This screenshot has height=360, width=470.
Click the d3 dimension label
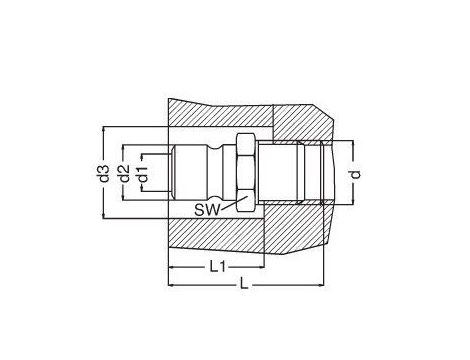point(105,173)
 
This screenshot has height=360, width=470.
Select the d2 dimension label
point(125,173)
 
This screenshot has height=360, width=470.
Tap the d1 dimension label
point(144,174)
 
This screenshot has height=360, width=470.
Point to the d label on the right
point(356,174)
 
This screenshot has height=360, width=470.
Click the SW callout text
point(208,210)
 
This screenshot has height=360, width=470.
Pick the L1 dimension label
point(218,266)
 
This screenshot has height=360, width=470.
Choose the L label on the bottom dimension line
point(244,284)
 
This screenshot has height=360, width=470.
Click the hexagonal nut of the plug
point(246,173)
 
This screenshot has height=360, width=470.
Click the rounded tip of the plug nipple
point(172,173)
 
